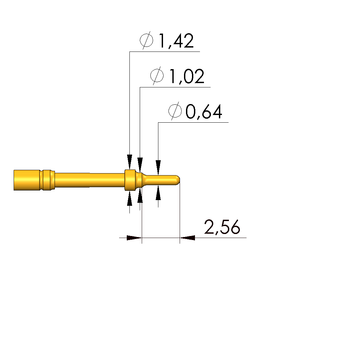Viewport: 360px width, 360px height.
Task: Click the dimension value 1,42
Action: [176, 41]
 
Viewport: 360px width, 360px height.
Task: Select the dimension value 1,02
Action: [187, 76]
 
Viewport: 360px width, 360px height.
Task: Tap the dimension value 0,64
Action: [204, 112]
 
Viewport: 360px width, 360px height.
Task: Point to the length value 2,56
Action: [222, 227]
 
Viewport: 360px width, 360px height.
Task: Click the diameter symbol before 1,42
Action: [147, 40]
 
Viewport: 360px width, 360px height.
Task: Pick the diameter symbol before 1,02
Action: [157, 75]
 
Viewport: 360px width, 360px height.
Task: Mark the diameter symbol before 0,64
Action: [175, 111]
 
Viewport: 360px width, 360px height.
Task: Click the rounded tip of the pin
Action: [178, 180]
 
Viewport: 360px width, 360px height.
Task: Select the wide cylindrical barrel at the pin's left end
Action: [27, 180]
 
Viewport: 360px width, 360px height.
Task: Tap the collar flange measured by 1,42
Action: [130, 180]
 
